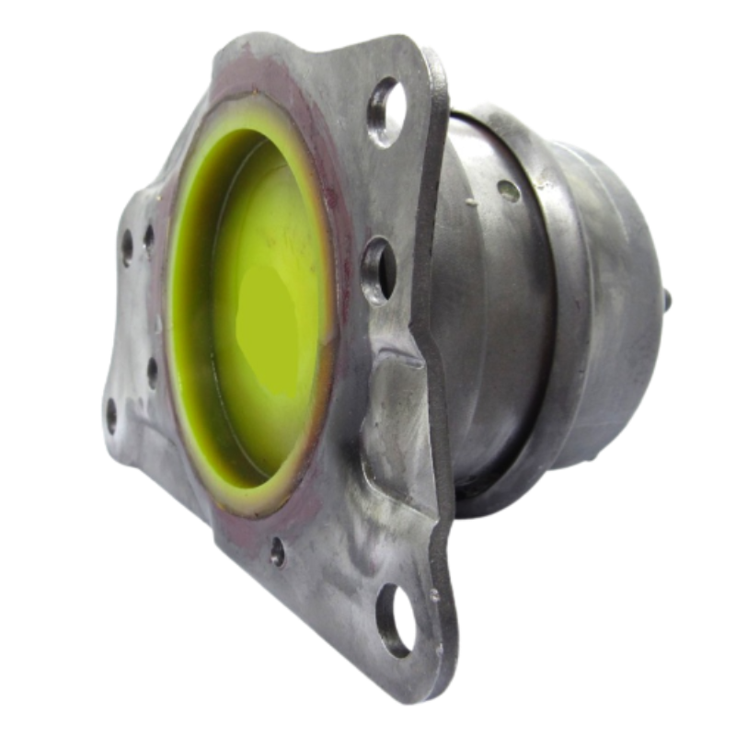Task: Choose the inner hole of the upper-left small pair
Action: pos(148,237)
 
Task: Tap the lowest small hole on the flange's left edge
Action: pos(112,415)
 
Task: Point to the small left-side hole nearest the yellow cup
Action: pos(153,371)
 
